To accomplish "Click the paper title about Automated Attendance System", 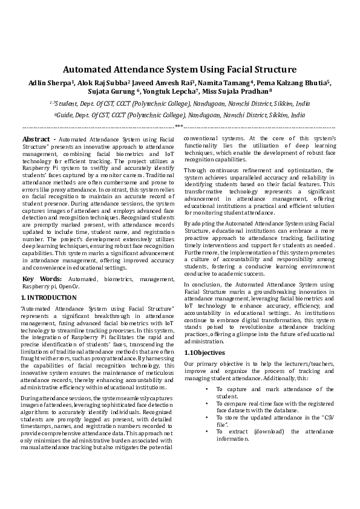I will pos(180,70).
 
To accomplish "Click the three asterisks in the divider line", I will pos(179,126).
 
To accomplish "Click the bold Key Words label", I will pos(42,279).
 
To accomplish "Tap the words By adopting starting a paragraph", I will pos(200,224).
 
